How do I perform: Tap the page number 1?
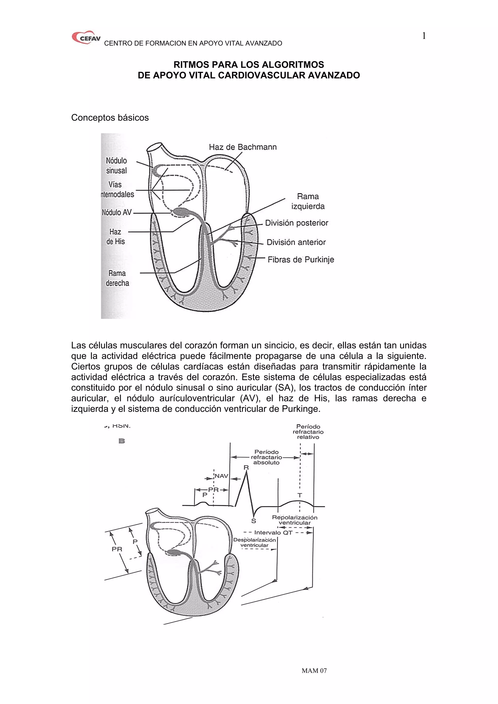click(x=424, y=36)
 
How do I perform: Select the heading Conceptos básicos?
click(x=110, y=118)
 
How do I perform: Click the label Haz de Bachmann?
click(x=243, y=147)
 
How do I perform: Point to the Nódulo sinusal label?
click(x=116, y=165)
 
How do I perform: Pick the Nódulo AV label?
click(x=117, y=212)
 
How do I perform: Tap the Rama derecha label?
click(x=117, y=278)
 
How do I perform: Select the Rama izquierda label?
click(x=308, y=201)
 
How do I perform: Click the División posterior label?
click(x=296, y=223)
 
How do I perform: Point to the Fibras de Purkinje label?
click(x=301, y=260)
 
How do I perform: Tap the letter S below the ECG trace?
click(x=253, y=521)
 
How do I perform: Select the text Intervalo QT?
click(x=273, y=533)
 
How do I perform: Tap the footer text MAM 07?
click(x=314, y=670)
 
